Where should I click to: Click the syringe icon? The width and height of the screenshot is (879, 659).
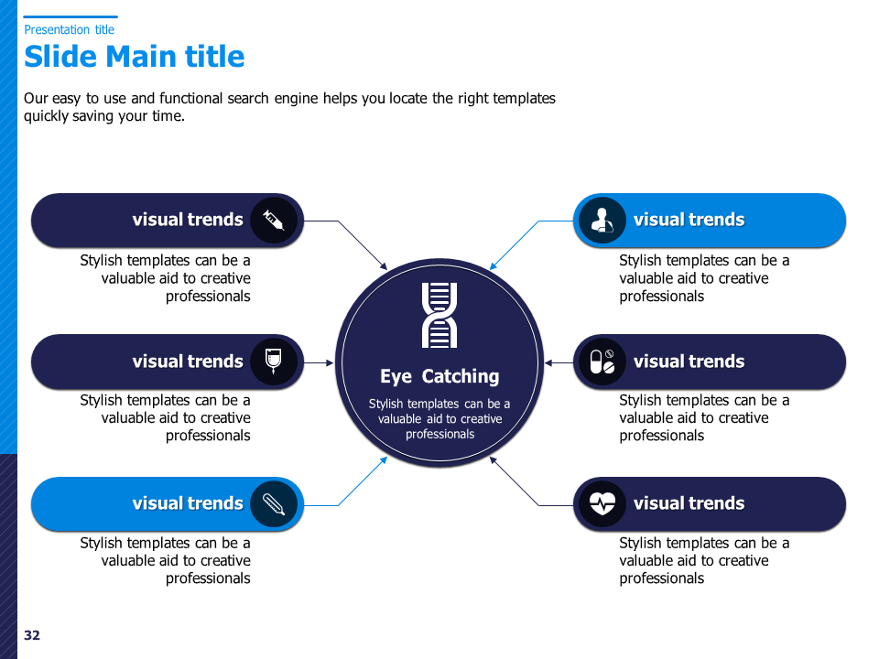273,221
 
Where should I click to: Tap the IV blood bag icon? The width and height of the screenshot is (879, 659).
273,362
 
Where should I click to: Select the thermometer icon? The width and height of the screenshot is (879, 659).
273,504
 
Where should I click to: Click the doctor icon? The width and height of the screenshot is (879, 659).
602,221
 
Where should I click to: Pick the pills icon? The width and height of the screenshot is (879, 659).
602,362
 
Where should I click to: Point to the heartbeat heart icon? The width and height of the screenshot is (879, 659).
602,503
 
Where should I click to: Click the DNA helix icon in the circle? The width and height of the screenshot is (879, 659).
439,315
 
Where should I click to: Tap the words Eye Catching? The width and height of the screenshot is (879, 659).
439,376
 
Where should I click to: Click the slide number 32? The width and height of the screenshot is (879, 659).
32,635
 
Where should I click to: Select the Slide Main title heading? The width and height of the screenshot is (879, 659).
135,57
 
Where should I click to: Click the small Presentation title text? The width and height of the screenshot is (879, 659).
69,29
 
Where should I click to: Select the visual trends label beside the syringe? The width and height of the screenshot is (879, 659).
188,219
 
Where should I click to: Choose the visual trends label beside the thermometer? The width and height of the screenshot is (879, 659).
188,503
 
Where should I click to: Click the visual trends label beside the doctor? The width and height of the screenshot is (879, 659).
689,219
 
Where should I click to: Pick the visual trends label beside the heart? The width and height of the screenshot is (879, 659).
689,503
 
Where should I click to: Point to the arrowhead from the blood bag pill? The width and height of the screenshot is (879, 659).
331,363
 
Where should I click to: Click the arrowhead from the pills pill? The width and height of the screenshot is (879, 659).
548,363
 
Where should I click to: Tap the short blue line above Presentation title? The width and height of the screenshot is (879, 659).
71,16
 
